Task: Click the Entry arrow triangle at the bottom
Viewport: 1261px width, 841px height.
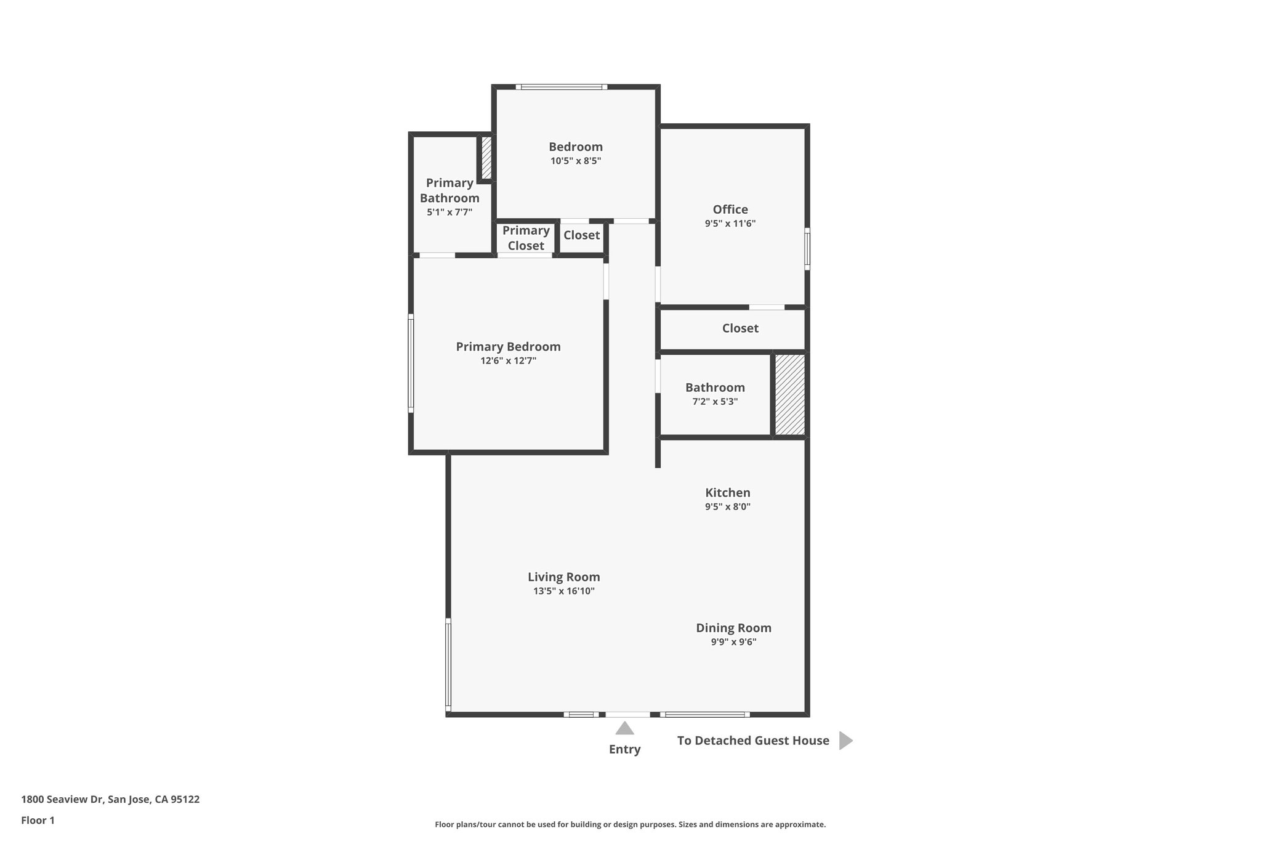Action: click(624, 729)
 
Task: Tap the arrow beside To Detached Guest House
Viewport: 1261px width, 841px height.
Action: click(845, 741)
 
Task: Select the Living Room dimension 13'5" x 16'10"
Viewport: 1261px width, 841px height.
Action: click(563, 591)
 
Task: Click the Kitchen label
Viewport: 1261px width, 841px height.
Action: click(727, 493)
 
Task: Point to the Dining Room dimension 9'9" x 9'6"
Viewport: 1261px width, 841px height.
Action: click(733, 642)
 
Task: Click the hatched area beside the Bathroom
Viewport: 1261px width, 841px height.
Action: click(789, 394)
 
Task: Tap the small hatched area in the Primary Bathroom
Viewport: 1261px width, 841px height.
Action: click(486, 158)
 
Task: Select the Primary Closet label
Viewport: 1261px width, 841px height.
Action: click(526, 238)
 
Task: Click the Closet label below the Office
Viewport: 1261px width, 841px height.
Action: click(739, 328)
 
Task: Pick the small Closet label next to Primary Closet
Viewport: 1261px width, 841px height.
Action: click(581, 235)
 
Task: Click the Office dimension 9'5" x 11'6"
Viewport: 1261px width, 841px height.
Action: click(730, 224)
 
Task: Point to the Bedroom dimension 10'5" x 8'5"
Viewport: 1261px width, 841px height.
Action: click(575, 161)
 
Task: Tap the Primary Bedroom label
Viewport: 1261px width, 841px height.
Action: click(508, 347)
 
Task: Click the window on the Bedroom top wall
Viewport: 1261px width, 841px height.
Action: click(561, 87)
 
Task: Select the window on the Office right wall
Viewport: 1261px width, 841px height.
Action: click(807, 249)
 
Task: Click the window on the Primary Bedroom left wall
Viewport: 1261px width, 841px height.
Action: click(411, 364)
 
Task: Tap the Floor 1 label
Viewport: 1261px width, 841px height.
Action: click(38, 821)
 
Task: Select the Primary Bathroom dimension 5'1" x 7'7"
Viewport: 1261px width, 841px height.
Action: click(449, 213)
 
